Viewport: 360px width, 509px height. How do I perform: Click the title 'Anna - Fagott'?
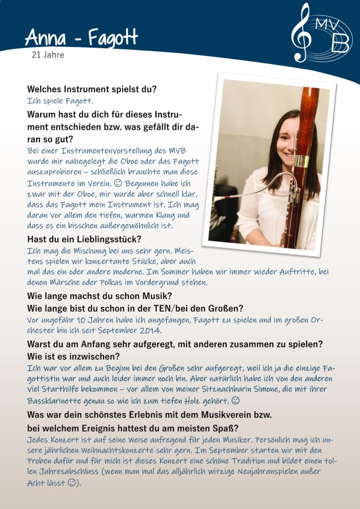point(81,38)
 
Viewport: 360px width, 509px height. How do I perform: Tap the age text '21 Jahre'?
point(48,55)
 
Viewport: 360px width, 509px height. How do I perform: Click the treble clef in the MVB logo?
point(301,33)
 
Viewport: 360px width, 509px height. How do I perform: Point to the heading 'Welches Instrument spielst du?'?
point(91,89)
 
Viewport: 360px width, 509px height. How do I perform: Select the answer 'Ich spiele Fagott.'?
point(60,101)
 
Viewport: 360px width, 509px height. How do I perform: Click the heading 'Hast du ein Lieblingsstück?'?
point(84,239)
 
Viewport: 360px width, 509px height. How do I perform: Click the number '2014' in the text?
point(159,331)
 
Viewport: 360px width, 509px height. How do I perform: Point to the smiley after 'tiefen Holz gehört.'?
point(236,400)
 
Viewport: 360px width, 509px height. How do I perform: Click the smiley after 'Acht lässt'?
point(72,482)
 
